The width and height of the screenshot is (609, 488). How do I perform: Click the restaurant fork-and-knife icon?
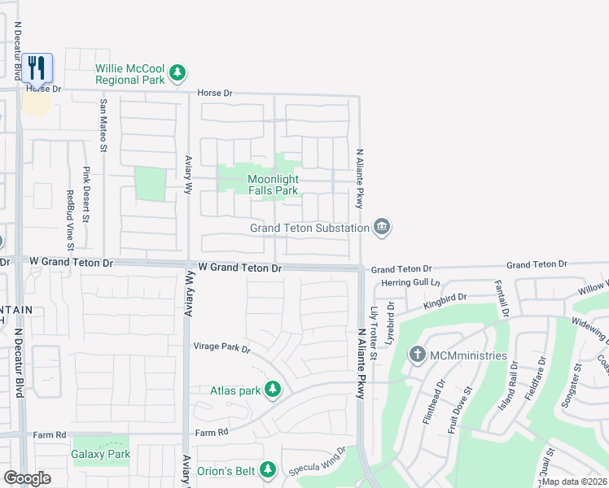pos(37,67)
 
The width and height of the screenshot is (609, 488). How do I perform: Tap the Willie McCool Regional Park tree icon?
pos(177,74)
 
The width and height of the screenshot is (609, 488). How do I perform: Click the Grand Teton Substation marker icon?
pos(381,227)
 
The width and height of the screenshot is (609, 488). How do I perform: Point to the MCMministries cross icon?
pos(418,355)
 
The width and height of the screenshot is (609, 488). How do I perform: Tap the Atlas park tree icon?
pos(272,390)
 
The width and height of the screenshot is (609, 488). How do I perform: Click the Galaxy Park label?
pos(101,454)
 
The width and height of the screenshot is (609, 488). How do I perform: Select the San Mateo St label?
pos(103,125)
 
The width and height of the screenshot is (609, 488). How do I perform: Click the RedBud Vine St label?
pos(71,220)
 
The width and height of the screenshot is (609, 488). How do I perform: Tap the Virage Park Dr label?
pos(221,347)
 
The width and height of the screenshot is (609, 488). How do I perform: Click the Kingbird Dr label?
pos(445,303)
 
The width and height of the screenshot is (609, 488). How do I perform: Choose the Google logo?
pos(27,478)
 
